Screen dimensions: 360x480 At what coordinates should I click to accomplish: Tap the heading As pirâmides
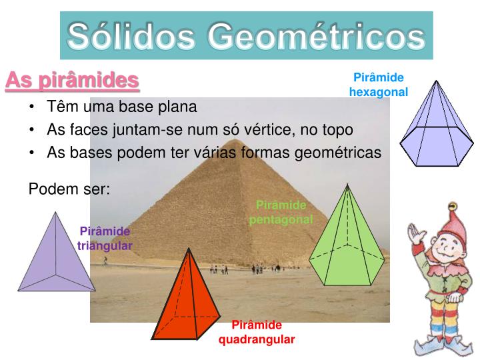72,81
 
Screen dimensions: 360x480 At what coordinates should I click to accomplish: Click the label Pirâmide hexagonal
378,85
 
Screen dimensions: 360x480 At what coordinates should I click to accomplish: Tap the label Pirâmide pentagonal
281,212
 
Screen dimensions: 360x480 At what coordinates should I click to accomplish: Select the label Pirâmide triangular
105,238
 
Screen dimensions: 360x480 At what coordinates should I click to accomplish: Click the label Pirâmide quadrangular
257,332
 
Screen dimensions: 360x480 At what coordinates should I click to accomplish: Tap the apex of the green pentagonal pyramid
347,185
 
